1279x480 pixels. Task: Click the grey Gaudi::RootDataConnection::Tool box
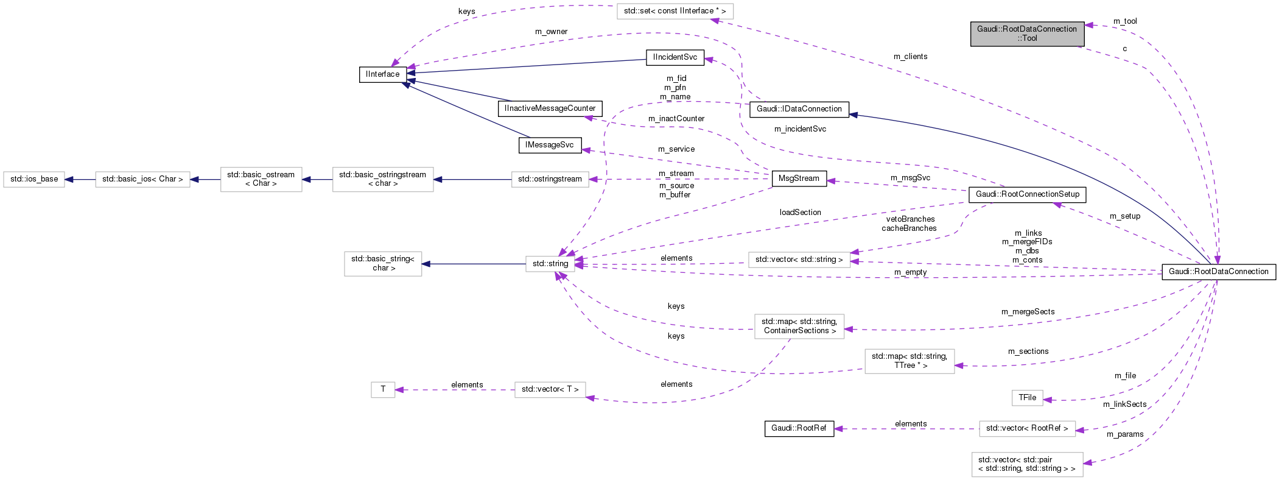click(x=1026, y=34)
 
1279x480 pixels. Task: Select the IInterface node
click(x=382, y=74)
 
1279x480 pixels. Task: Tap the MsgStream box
click(x=799, y=178)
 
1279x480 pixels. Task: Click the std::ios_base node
click(x=34, y=179)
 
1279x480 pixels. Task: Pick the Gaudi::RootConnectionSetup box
click(x=1027, y=194)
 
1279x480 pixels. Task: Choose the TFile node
click(x=1027, y=398)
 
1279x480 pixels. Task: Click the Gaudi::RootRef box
click(x=798, y=428)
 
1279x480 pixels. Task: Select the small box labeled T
click(x=383, y=389)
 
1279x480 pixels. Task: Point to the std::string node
click(x=550, y=264)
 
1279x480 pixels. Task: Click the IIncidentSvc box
click(x=675, y=57)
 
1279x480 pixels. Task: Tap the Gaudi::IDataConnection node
click(x=799, y=109)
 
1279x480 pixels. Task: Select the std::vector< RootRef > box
click(x=1026, y=428)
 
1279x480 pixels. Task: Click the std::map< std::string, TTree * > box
click(x=909, y=361)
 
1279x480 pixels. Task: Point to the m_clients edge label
click(x=910, y=57)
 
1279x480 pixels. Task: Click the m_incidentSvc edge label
click(x=800, y=129)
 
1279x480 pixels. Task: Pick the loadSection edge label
click(x=800, y=213)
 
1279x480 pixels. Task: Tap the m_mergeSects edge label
click(x=1028, y=312)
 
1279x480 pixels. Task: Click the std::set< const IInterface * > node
click(x=675, y=11)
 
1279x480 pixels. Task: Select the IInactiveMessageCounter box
click(x=550, y=108)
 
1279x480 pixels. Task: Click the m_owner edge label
click(x=551, y=32)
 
